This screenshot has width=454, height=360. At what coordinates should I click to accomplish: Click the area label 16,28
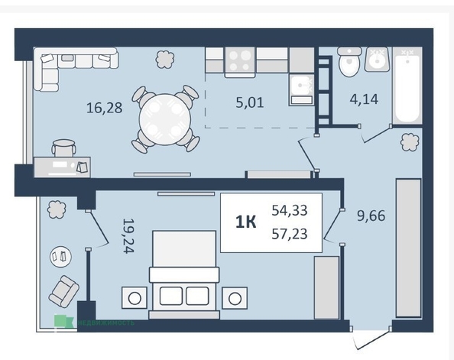tap(104, 108)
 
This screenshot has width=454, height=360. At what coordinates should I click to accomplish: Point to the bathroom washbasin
tap(378, 59)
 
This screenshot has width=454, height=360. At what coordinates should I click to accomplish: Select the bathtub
tap(407, 86)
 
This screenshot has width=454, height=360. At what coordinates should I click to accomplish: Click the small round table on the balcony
tap(59, 255)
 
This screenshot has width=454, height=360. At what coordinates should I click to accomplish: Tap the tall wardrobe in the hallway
tap(407, 247)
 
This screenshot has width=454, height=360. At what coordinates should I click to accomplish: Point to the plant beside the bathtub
tap(410, 141)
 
